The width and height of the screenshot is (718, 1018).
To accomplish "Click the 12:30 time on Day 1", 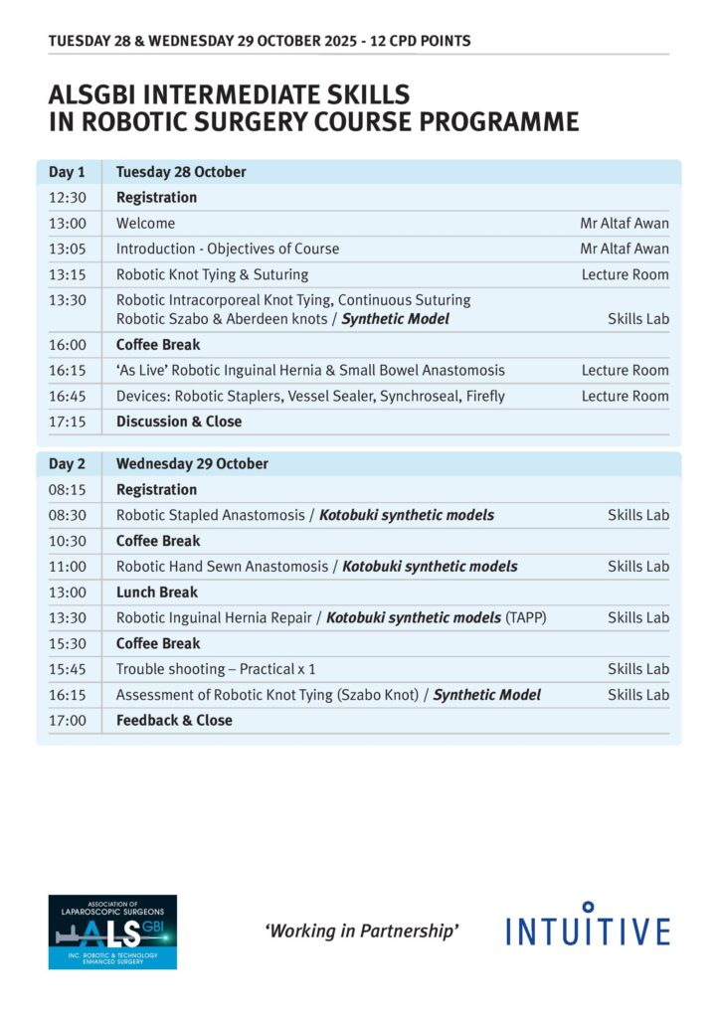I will click(x=67, y=197).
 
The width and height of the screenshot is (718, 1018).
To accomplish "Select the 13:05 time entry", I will click(x=67, y=249).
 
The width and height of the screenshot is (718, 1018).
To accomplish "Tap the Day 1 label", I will click(x=67, y=172).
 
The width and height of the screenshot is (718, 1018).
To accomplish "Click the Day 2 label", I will click(x=67, y=464).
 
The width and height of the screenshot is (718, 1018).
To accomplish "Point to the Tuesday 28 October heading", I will click(x=181, y=172).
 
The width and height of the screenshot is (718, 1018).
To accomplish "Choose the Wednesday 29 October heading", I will click(x=192, y=464).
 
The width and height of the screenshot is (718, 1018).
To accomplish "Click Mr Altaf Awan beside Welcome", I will click(x=625, y=223).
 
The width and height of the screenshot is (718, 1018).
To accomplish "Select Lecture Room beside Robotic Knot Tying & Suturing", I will click(x=625, y=274).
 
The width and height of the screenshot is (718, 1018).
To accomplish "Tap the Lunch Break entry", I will click(x=157, y=593).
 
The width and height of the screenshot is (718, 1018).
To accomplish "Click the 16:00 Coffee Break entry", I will click(x=158, y=345).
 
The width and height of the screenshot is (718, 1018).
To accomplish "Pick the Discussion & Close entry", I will click(x=179, y=422).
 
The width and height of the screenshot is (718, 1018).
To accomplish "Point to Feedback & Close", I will click(x=174, y=721).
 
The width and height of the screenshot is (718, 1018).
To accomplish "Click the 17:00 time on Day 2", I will click(x=67, y=721).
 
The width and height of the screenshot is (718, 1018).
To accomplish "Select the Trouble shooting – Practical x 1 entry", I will click(x=216, y=669).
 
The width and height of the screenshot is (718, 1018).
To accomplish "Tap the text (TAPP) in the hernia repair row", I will click(x=526, y=618).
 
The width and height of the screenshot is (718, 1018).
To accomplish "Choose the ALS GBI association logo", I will click(x=112, y=932).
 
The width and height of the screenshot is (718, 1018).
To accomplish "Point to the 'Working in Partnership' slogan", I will click(x=361, y=931).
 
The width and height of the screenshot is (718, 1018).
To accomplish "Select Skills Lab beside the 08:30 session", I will click(x=638, y=515).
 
